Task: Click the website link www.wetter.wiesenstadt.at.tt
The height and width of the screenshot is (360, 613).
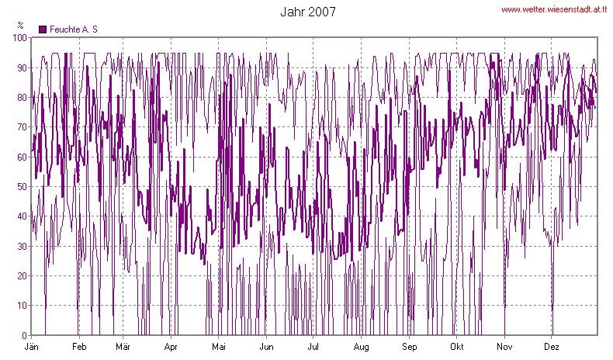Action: (x=553, y=10)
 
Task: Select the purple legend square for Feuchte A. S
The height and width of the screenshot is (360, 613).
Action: (x=43, y=29)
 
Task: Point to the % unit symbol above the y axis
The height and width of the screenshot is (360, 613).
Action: (x=20, y=26)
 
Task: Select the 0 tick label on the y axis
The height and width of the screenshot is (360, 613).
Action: (x=23, y=335)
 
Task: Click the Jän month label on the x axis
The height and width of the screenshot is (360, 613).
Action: (x=33, y=346)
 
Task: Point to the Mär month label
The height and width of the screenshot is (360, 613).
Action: (x=123, y=346)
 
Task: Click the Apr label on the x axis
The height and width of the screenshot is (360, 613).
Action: (x=171, y=346)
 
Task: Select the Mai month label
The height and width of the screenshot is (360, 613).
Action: (x=219, y=346)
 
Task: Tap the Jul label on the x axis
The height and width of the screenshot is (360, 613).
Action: (x=313, y=346)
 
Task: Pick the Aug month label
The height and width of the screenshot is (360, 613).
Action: (x=361, y=346)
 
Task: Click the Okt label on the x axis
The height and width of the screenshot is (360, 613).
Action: (x=457, y=346)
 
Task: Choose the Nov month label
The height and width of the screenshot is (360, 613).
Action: (x=504, y=346)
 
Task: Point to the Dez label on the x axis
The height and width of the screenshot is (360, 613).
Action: (x=552, y=346)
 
